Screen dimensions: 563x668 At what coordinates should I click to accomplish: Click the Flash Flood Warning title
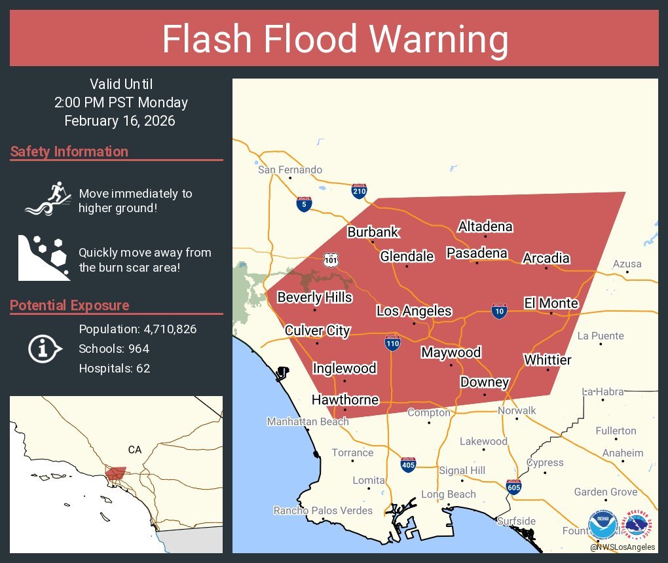pos(335,40)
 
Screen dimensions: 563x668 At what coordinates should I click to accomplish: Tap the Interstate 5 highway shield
pos(304,204)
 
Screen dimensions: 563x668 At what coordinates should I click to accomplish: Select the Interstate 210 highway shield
pos(359,191)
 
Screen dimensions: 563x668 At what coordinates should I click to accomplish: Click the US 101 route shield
pos(330,260)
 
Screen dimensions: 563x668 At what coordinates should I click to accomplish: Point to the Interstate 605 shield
pos(514,486)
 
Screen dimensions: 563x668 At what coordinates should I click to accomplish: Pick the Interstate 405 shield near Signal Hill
pos(408,464)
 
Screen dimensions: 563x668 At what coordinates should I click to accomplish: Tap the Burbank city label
pos(373,232)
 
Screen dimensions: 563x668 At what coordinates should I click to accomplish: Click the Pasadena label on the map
pos(477,253)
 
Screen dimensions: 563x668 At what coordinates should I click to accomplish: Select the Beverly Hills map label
pos(314,298)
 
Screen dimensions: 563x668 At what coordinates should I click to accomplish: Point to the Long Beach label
pos(448,494)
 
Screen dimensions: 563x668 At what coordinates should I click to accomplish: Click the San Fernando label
pos(290,170)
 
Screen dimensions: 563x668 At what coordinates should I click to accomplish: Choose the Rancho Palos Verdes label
pos(323,511)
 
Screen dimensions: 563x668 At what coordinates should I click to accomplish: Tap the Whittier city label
pos(547,360)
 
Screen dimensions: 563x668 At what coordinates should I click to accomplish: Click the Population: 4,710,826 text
pos(138,329)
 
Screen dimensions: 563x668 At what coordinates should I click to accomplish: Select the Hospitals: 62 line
pos(115,369)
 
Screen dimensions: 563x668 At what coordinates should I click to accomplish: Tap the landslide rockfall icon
pos(43,257)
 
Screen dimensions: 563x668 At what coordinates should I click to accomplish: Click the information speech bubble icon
pos(45,349)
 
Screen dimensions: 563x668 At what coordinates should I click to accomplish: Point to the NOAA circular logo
pos(603,525)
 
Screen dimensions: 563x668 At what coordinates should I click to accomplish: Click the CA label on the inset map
pos(135,450)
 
